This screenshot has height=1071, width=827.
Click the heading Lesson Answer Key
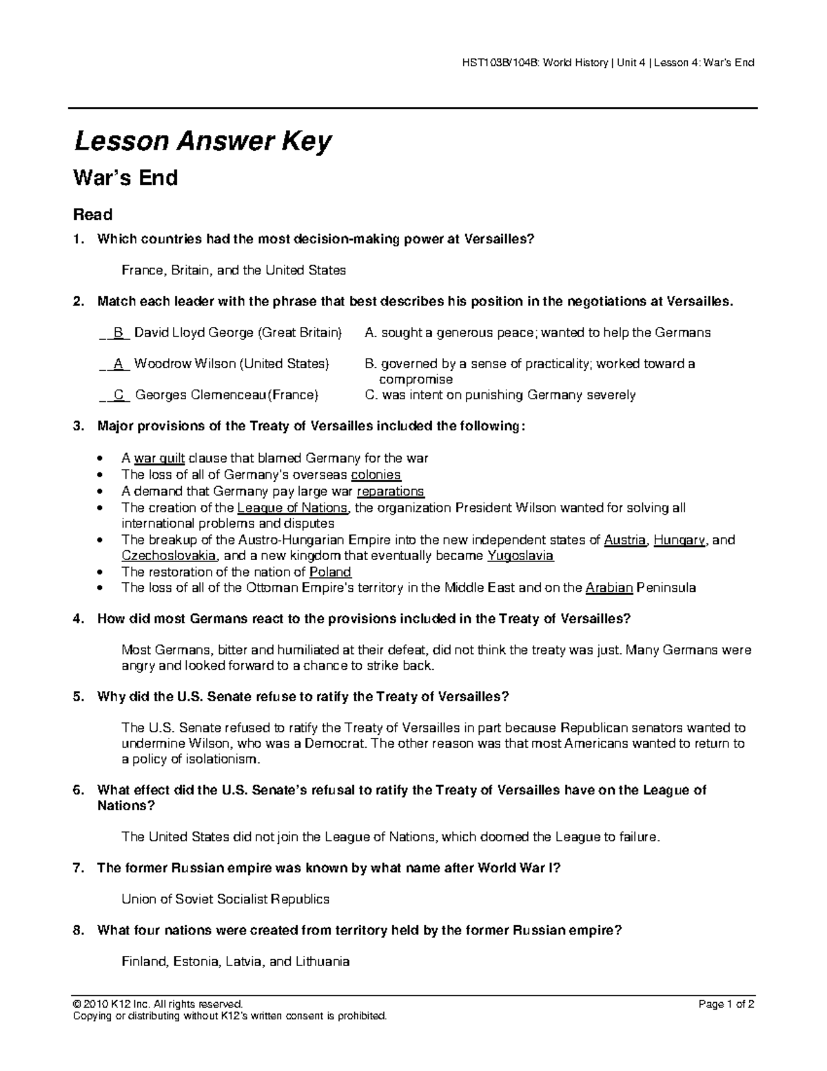[203, 142]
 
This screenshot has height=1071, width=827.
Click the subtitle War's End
[125, 179]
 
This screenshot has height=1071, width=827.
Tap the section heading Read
[93, 214]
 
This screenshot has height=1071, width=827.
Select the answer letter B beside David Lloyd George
[119, 333]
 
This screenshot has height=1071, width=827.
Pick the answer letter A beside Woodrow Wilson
[119, 363]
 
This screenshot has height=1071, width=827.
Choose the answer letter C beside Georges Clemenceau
[119, 395]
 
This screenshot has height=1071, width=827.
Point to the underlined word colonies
[376, 474]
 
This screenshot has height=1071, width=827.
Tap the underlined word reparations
[391, 491]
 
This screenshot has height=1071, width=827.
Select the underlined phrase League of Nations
[293, 508]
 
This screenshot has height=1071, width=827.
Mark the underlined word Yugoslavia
[520, 556]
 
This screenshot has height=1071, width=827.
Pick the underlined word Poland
[331, 572]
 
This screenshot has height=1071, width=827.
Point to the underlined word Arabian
[609, 588]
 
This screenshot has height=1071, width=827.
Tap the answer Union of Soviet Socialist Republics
[225, 899]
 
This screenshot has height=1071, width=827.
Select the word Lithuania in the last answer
[323, 961]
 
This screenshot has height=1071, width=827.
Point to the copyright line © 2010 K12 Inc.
[158, 1004]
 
